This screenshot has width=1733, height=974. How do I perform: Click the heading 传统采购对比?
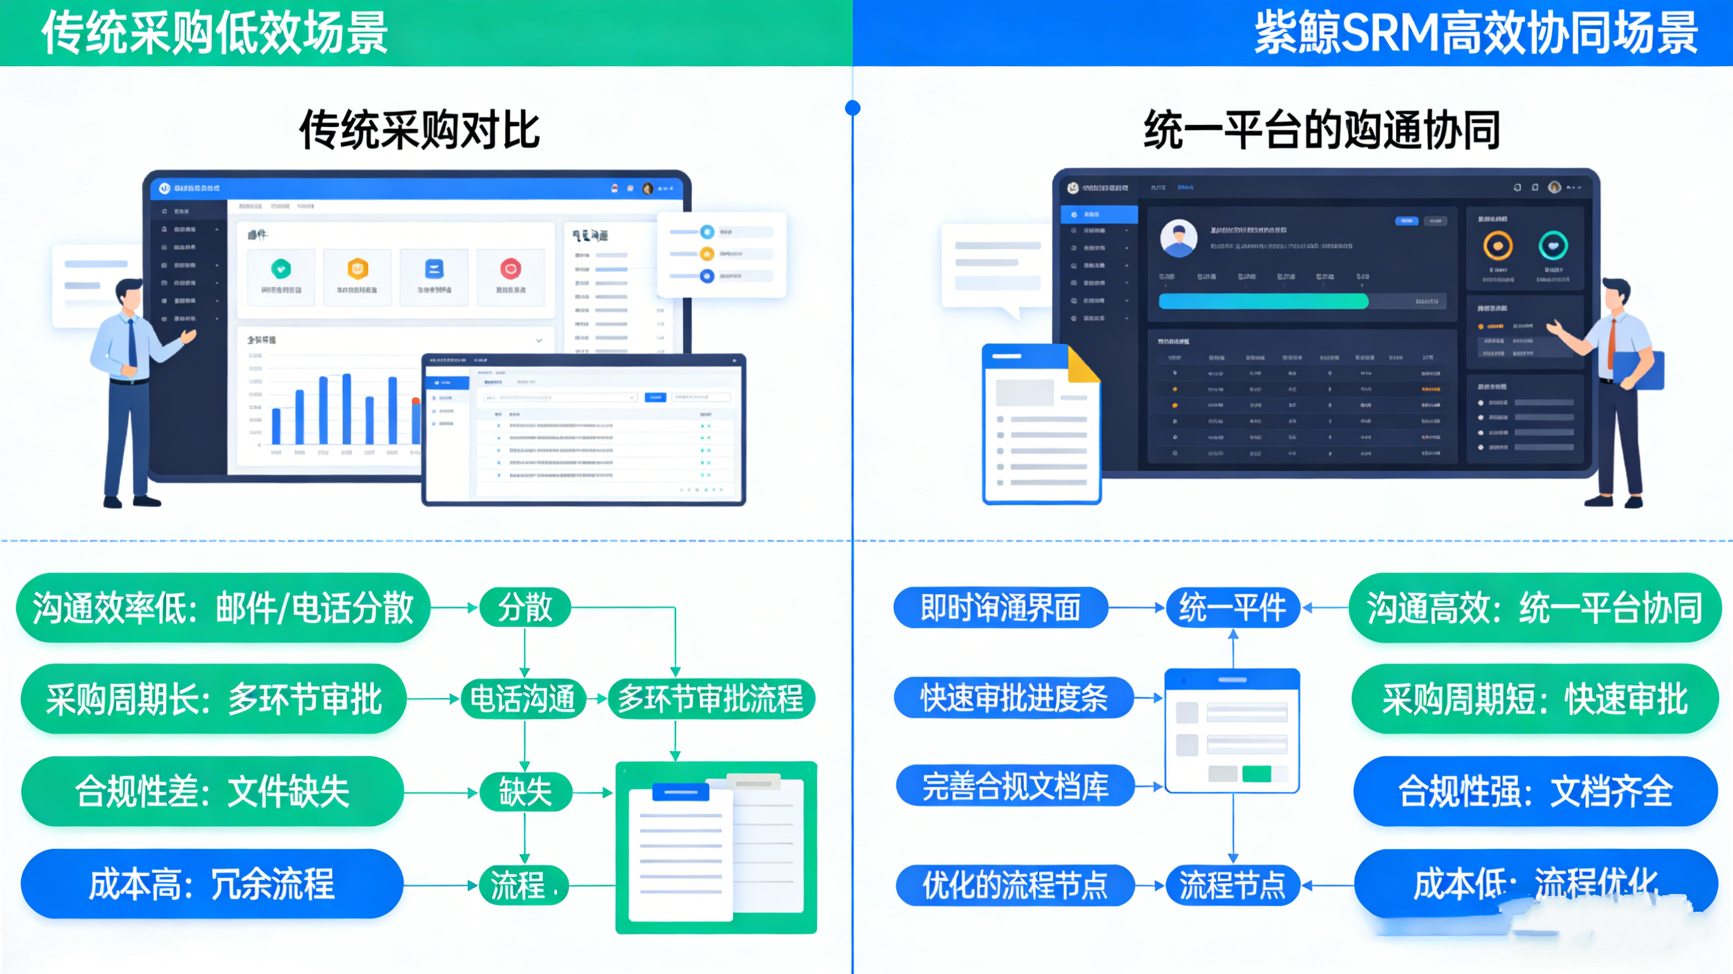point(419,129)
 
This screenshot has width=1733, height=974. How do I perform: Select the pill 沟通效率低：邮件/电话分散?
point(223,607)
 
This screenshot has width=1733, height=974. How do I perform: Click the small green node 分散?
point(525,607)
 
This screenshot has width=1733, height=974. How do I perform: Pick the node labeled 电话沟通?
point(522,699)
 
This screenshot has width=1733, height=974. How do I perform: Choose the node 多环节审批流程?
point(710,699)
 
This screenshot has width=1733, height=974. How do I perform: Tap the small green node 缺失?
point(525,792)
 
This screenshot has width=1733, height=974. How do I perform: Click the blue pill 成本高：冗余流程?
point(212,884)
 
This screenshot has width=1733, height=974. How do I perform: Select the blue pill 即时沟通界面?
point(1000,607)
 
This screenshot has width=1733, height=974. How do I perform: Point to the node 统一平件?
point(1233,607)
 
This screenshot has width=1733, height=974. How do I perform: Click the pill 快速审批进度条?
point(1013,697)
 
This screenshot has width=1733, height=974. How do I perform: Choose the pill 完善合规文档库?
point(1014,786)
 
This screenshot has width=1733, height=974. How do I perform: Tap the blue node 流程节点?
point(1233,885)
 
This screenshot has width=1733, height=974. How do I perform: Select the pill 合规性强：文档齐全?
point(1535,791)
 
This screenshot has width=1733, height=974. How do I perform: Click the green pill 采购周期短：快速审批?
point(1534,699)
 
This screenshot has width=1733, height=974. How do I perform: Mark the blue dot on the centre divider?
point(853,108)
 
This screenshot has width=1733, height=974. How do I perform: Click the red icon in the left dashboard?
point(510,268)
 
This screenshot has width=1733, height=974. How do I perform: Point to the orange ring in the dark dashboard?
point(1497,246)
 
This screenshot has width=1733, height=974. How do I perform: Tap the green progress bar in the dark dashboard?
point(1263,301)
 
